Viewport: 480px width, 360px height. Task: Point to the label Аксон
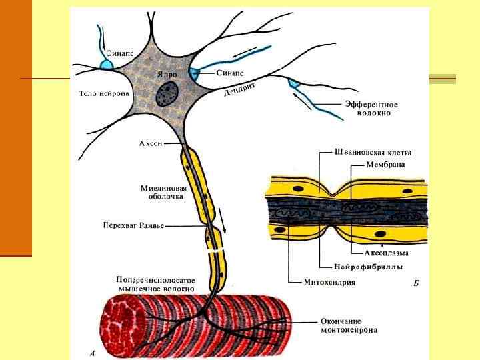click(x=151, y=143)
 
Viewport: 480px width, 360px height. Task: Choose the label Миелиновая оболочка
click(x=163, y=192)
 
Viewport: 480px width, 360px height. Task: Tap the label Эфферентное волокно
click(x=371, y=109)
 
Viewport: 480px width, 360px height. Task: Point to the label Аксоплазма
click(x=387, y=253)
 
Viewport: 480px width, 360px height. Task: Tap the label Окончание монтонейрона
click(x=349, y=325)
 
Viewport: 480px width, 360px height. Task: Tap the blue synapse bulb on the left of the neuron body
click(x=107, y=65)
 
